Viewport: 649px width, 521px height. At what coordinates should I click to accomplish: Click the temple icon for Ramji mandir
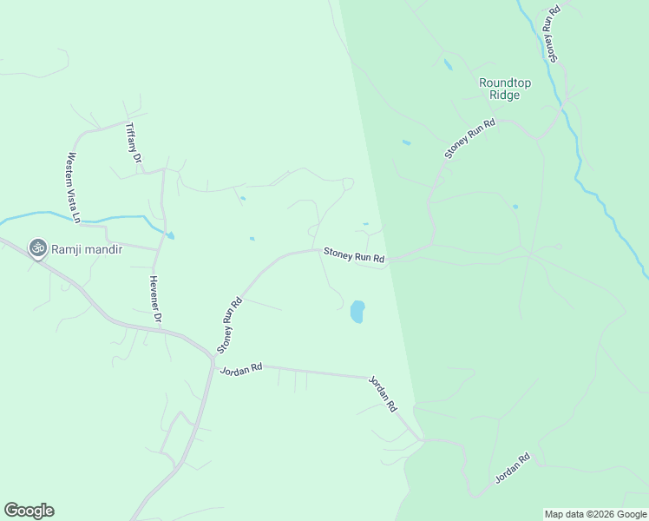[37, 249]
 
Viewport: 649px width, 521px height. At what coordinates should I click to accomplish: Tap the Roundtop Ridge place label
[505, 89]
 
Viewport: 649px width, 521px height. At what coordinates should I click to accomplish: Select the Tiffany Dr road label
[133, 143]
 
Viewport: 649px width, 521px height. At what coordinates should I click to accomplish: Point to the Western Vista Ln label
[73, 188]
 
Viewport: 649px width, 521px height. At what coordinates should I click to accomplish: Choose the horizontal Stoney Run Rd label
[354, 255]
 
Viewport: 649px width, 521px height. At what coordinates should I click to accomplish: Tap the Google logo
[29, 511]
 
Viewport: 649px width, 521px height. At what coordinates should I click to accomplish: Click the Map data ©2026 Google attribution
[595, 514]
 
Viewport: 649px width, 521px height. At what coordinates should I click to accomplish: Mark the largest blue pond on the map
[357, 312]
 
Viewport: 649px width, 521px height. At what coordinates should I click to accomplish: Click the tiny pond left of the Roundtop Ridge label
[448, 64]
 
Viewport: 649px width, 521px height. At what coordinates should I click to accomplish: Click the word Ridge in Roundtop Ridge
[505, 95]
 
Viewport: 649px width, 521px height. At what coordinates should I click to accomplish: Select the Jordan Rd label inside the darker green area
[512, 469]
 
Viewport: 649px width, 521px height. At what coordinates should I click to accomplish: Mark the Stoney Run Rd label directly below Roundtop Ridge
[469, 138]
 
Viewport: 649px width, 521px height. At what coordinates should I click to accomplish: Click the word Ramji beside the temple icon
[69, 249]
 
